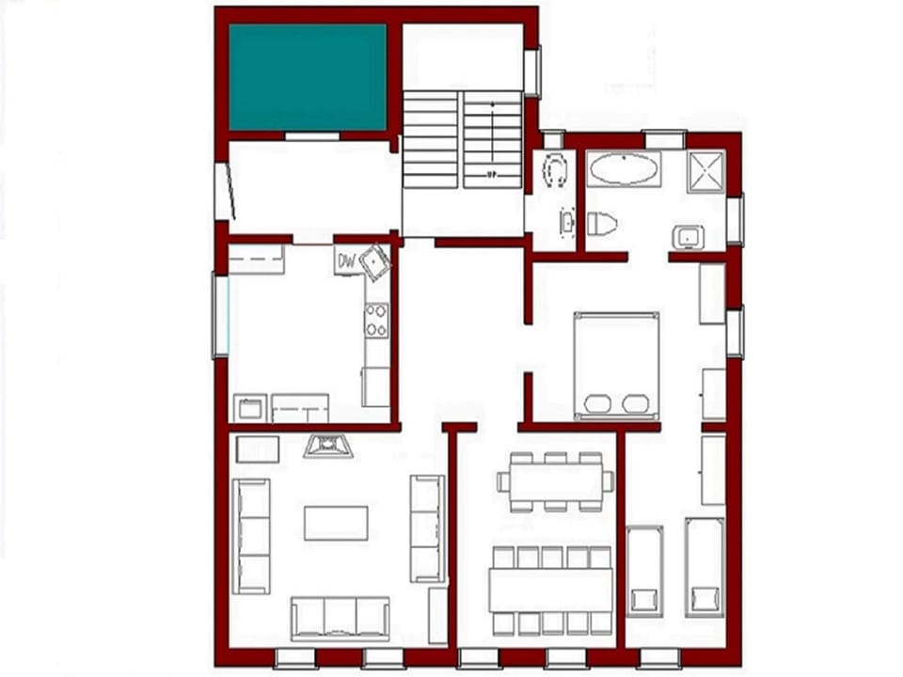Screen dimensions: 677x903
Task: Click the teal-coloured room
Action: [308, 77]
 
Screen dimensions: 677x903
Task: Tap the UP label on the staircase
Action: [492, 175]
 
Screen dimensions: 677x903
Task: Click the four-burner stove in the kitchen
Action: [377, 320]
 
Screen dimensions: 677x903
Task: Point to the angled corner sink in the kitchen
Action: [375, 260]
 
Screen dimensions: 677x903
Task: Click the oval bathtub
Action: [624, 170]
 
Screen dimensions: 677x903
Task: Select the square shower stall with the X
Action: [705, 171]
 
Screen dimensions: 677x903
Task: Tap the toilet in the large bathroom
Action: [600, 224]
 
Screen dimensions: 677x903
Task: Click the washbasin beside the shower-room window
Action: [689, 237]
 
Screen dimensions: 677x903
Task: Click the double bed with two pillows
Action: [616, 365]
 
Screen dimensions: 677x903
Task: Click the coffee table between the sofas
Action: [336, 523]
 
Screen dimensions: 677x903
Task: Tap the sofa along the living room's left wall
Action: [251, 536]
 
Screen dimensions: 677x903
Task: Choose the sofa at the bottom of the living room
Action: [340, 618]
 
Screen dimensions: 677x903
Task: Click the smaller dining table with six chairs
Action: [554, 480]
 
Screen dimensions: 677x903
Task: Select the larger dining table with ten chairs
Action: [550, 590]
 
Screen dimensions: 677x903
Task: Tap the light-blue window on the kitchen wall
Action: [221, 315]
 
